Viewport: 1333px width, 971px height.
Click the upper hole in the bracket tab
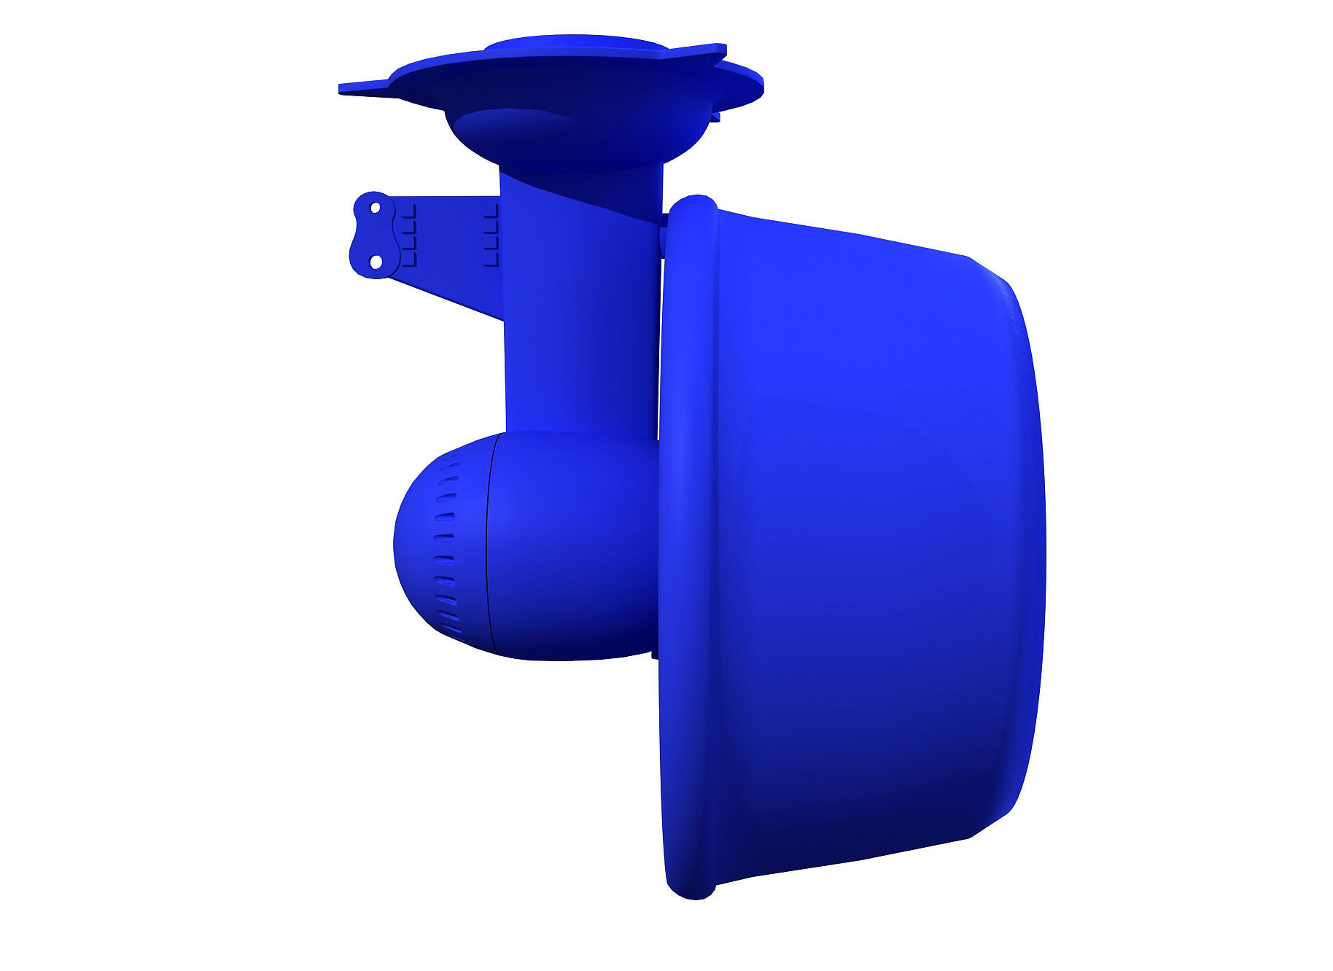pyautogui.click(x=376, y=208)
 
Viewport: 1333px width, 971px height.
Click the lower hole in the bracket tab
pyautogui.click(x=376, y=260)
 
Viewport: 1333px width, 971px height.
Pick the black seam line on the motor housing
pyautogui.click(x=489, y=547)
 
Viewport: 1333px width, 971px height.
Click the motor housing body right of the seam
pyautogui.click(x=569, y=547)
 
